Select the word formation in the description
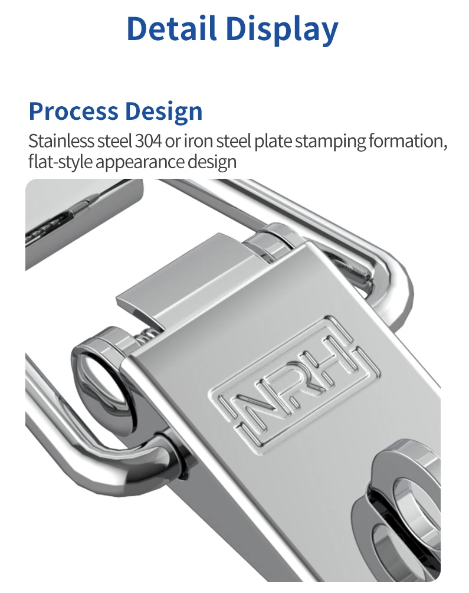point(413,142)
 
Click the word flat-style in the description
point(60,161)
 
